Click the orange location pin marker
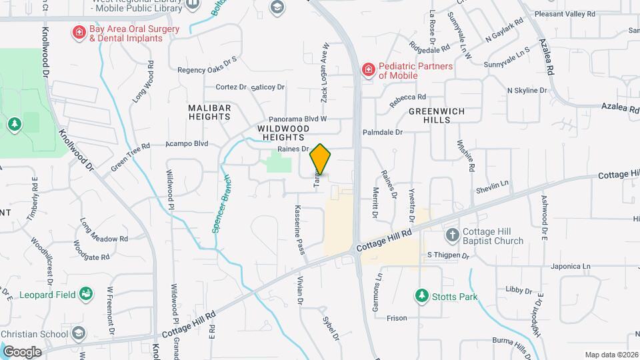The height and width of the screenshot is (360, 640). (x=321, y=159)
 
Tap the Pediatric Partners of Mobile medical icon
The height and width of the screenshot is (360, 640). (x=368, y=70)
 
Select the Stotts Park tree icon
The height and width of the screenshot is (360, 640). (x=421, y=295)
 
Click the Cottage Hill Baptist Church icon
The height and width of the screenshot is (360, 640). (x=452, y=235)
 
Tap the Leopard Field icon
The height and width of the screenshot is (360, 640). (x=85, y=294)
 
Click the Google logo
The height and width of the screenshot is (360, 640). (x=23, y=351)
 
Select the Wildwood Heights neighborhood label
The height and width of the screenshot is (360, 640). (x=283, y=132)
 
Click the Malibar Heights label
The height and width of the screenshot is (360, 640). (x=209, y=112)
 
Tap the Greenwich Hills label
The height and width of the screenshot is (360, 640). (x=436, y=115)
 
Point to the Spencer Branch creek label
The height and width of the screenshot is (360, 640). (x=221, y=203)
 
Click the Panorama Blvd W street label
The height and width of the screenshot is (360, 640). (x=297, y=119)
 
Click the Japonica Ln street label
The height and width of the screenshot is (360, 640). (x=571, y=266)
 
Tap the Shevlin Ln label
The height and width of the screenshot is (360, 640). (x=492, y=183)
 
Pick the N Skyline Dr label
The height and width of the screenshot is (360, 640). (x=527, y=91)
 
